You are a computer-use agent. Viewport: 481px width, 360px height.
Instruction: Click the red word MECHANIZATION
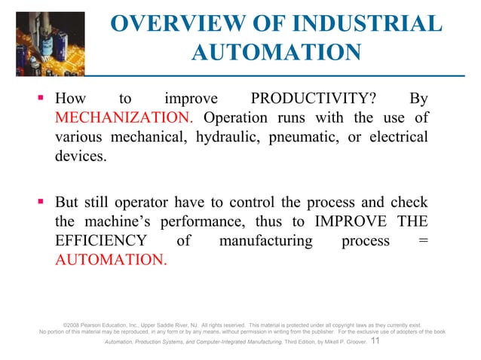point(124,119)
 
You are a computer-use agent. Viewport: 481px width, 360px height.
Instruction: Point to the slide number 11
point(378,342)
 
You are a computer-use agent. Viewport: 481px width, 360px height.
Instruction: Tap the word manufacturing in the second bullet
point(265,241)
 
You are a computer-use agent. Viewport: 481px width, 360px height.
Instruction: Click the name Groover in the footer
point(355,343)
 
